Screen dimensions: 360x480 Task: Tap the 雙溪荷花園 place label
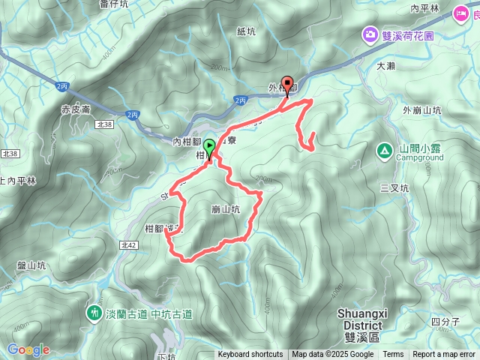tap(408, 34)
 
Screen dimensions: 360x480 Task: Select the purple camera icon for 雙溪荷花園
tap(370, 34)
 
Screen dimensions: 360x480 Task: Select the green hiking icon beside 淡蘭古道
tap(95, 312)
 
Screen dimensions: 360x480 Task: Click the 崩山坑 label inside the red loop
tap(225, 211)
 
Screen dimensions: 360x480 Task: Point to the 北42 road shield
tap(127, 244)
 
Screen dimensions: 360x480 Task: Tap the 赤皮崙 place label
tap(76, 109)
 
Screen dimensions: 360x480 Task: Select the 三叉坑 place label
tap(393, 188)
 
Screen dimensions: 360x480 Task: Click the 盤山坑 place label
tap(31, 265)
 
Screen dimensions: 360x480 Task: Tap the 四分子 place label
tap(447, 322)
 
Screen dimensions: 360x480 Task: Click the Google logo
tap(28, 349)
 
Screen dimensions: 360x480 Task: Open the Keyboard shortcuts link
tap(250, 355)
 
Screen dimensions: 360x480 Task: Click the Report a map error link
tap(444, 355)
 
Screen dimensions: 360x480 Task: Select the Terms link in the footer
tap(393, 355)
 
